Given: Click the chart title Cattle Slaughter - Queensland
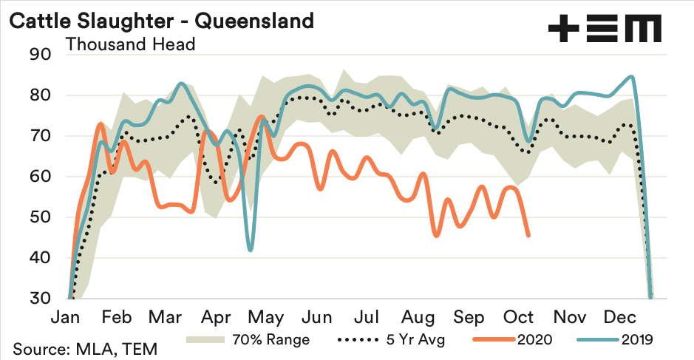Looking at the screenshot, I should click(161, 21).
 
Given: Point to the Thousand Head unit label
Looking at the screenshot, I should click(130, 44).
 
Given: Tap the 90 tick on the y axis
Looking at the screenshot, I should click(39, 55).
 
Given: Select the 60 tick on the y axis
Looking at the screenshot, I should click(39, 177).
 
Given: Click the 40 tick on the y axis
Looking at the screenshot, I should click(39, 258).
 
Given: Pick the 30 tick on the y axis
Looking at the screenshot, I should click(39, 299).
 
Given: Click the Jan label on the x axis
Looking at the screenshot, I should click(68, 318).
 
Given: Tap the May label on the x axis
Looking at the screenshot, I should click(265, 318).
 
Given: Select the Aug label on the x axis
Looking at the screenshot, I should click(418, 318).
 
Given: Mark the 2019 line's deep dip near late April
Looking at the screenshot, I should click(251, 250).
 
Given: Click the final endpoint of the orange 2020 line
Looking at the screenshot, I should click(528, 236).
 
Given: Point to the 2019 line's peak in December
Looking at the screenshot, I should click(630, 76).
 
